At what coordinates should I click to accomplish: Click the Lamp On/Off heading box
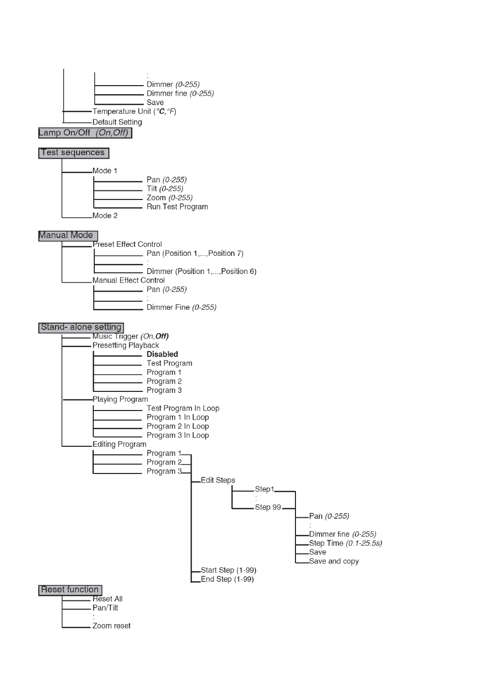coord(85,133)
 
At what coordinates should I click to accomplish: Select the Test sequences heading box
coord(74,153)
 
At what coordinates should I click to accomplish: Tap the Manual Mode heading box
coord(68,236)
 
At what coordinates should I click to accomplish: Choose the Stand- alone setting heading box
coord(81,327)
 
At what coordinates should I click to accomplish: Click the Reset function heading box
coord(70,590)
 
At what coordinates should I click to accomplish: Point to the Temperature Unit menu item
coord(134,111)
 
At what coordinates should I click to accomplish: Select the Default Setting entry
coord(117,122)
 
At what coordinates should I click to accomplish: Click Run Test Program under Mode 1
coord(177,207)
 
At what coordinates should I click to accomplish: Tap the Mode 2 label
coord(105,216)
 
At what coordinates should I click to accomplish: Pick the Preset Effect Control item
coord(127,244)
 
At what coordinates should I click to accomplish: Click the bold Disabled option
coord(162,354)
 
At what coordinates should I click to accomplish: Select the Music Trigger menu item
coord(131,336)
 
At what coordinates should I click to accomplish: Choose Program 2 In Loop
coord(178,426)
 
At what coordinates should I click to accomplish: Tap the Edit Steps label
coord(218,480)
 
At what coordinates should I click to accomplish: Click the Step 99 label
coord(268,507)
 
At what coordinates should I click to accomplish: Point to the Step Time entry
coord(345,543)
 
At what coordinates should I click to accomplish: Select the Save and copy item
coord(334,561)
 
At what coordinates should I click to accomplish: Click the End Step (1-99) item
coord(227,579)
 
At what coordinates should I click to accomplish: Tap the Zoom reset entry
coord(111,626)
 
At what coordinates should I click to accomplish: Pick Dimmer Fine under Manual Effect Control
coord(182,308)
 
